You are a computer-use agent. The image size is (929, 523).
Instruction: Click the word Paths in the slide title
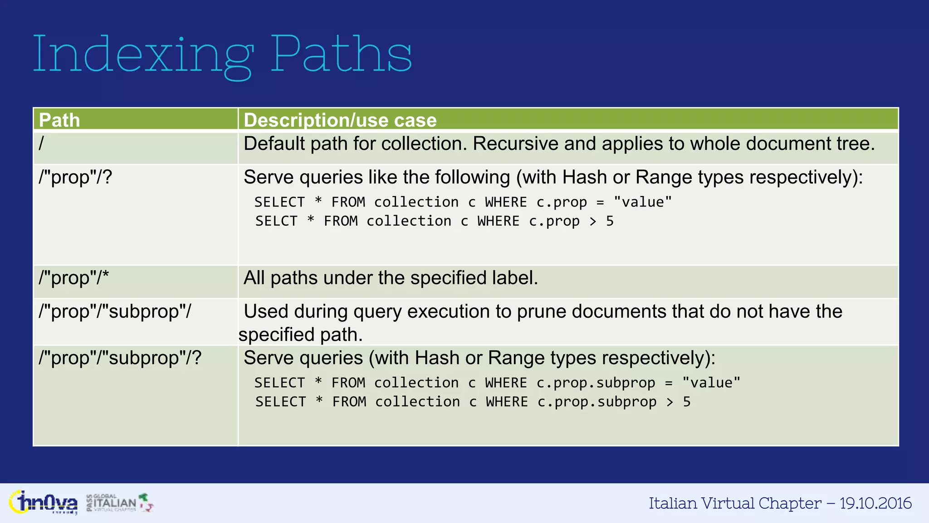pos(341,54)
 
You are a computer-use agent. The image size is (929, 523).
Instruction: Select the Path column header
pos(59,120)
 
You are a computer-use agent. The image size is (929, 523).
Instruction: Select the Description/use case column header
pos(340,120)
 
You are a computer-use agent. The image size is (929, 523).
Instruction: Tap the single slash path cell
pos(42,144)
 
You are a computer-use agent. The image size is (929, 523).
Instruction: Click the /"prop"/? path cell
pos(75,177)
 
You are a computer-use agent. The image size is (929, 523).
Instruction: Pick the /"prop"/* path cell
pos(74,278)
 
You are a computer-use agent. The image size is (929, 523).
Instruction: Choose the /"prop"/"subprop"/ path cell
pos(115,311)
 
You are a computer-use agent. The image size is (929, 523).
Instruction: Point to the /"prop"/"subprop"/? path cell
pos(120,358)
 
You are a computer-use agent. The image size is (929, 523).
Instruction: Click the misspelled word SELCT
pos(276,221)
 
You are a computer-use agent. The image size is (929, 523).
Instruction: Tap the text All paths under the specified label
pos(391,278)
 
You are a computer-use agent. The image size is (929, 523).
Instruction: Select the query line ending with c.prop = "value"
pos(463,202)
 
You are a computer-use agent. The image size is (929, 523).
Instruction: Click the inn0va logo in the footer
pos(44,503)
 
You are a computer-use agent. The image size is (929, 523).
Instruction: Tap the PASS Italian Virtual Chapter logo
pos(120,503)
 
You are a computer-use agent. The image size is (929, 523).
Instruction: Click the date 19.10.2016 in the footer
pos(875,503)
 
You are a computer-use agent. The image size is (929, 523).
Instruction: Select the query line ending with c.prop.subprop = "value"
pos(497,383)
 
